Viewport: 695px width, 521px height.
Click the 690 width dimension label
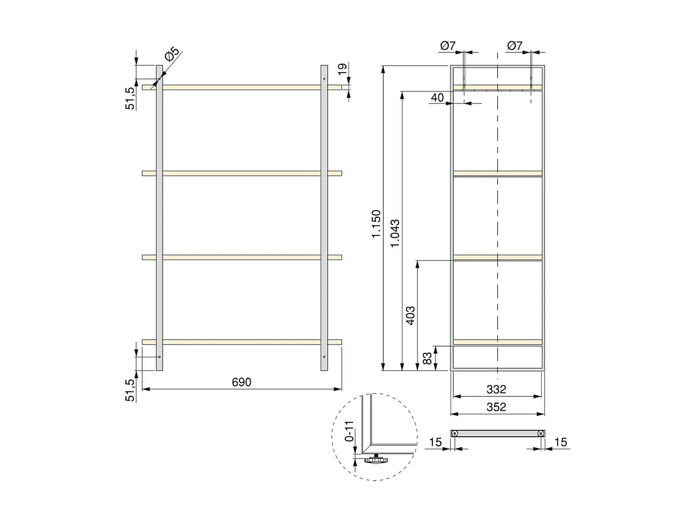point(241,382)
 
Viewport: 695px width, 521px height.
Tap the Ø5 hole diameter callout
point(172,55)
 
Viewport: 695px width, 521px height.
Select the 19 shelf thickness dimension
point(342,69)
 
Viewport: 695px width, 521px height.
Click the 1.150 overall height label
point(376,224)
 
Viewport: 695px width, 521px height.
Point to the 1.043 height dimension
point(395,233)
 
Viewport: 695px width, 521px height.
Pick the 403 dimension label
point(411,315)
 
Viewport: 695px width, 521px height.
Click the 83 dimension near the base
point(427,358)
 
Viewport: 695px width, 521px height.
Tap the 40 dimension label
point(437,98)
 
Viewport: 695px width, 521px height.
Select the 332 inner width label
point(496,389)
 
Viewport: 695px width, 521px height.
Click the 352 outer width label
point(496,407)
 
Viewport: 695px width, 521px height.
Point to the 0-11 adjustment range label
point(349,431)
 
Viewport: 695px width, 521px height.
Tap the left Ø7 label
point(448,45)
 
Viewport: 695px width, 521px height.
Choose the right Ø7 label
point(515,45)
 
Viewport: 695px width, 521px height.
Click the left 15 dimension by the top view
point(435,442)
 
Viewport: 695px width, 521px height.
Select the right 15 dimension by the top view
point(560,442)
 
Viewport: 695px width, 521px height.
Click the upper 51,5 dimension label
point(131,98)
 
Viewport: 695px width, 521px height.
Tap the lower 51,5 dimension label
point(131,390)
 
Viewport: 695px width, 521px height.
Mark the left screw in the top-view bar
point(455,433)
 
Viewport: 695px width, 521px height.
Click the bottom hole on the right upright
point(324,357)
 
